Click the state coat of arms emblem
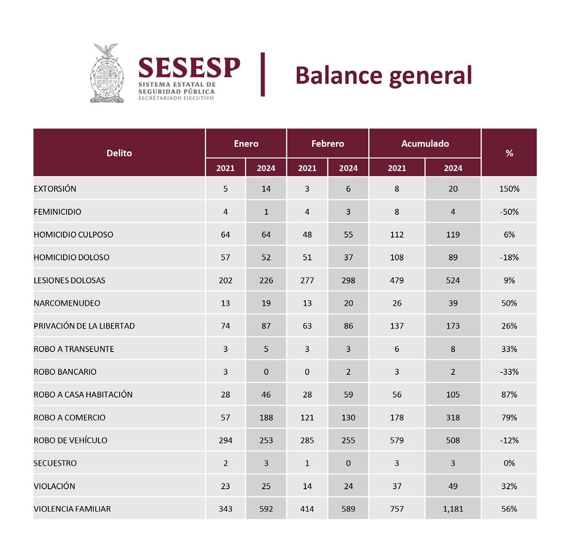[x=107, y=73]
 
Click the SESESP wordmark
[x=189, y=68]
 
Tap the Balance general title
[x=383, y=75]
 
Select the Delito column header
[x=119, y=153]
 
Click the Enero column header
[x=246, y=144]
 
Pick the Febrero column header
[x=328, y=144]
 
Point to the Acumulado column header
[x=425, y=144]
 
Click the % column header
[x=509, y=153]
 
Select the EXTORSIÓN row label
[x=55, y=189]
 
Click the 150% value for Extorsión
[x=509, y=189]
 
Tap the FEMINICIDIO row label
[x=57, y=212]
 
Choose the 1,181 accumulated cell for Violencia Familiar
[x=453, y=509]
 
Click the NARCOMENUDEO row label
[x=67, y=303]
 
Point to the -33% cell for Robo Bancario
[x=509, y=372]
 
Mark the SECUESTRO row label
[x=55, y=463]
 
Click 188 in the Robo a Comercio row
[x=266, y=417]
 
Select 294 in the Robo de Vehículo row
[x=225, y=440]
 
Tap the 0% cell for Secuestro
[x=509, y=463]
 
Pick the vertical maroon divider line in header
[x=263, y=75]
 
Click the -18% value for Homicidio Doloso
[x=509, y=257]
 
